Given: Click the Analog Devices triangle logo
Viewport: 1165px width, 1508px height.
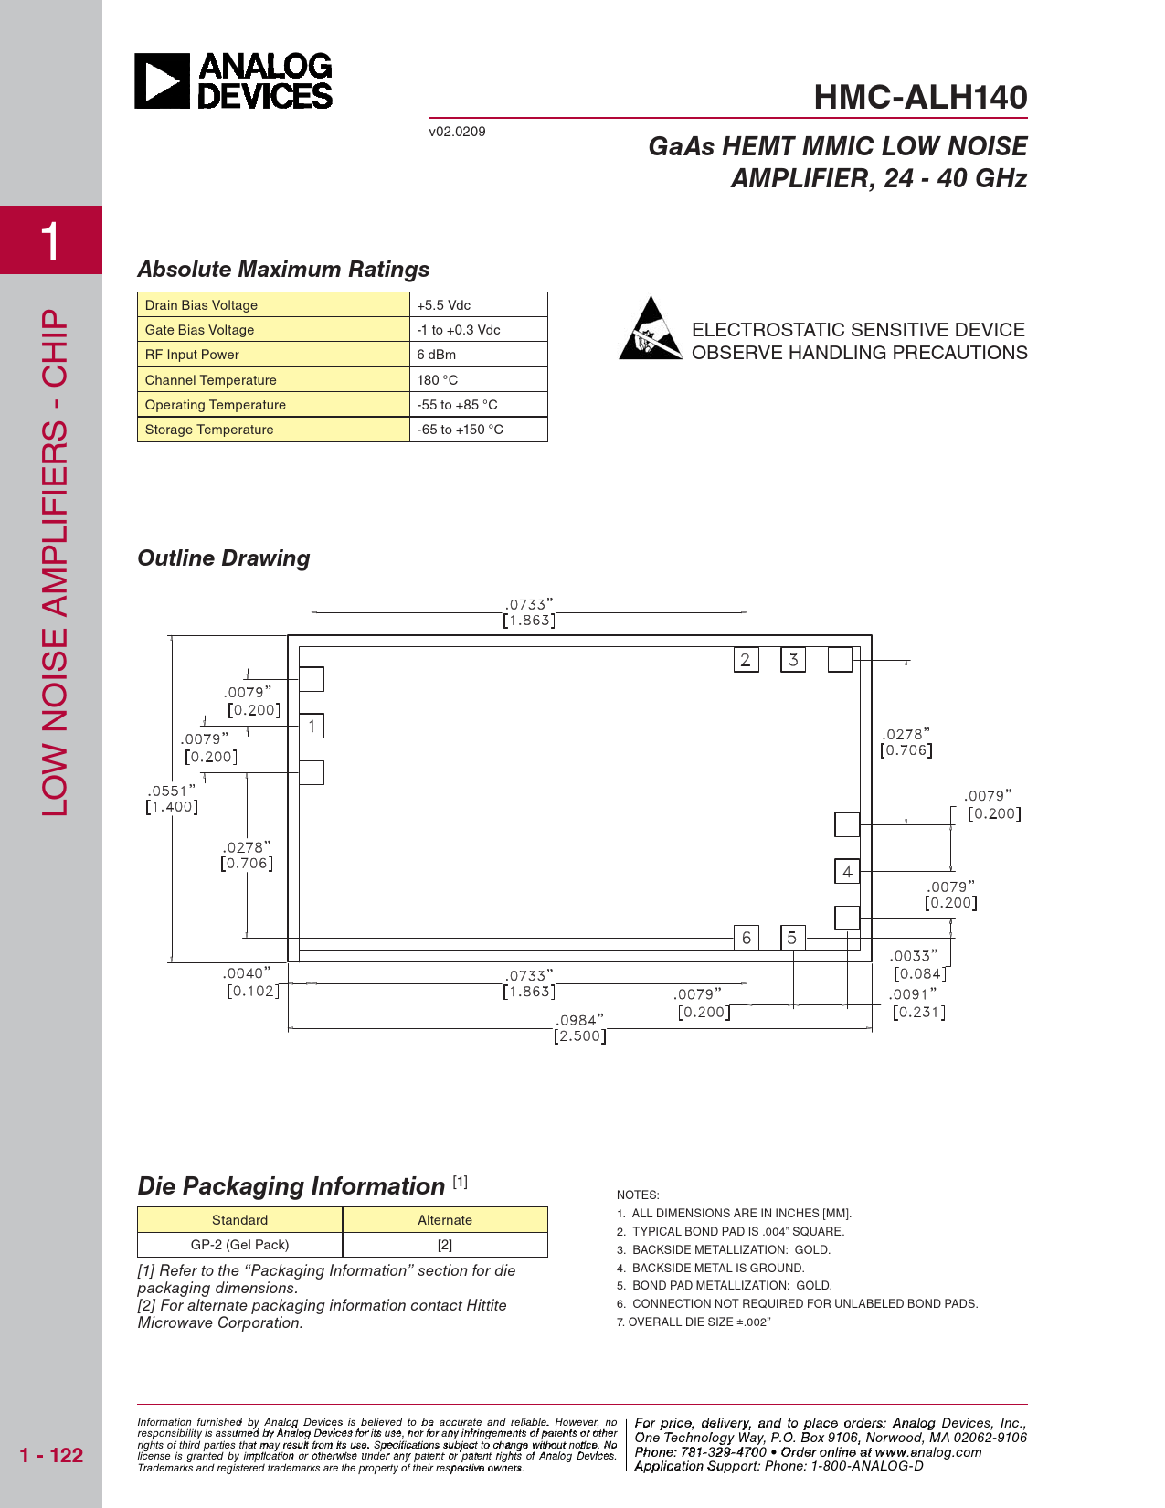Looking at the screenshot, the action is click(162, 80).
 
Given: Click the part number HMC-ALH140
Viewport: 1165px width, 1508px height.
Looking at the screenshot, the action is click(920, 97).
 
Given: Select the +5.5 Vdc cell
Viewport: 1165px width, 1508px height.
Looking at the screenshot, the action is click(478, 304).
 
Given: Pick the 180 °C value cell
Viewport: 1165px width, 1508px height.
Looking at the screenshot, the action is click(478, 379).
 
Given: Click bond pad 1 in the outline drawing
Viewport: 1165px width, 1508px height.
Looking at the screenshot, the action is click(312, 726).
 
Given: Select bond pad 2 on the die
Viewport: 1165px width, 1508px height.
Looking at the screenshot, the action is click(746, 659).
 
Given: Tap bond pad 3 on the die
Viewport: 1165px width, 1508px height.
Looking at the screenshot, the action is click(793, 659).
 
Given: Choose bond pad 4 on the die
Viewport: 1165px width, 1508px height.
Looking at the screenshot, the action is click(847, 871).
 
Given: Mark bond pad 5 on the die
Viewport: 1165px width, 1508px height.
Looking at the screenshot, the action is click(792, 938).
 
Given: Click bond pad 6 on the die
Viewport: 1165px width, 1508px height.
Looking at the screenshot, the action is click(746, 938).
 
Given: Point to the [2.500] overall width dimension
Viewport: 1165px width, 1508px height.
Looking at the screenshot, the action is click(580, 1036).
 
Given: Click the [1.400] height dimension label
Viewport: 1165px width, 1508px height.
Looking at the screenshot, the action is click(172, 807).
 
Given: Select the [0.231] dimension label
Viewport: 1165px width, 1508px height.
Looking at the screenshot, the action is click(919, 1012).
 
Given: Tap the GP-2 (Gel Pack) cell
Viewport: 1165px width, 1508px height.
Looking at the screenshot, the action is click(239, 1244).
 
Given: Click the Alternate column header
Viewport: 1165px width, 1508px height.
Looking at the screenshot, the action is click(445, 1219).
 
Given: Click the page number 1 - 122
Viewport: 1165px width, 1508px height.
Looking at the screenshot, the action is click(51, 1455).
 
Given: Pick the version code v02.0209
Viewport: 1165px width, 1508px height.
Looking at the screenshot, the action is click(457, 132).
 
